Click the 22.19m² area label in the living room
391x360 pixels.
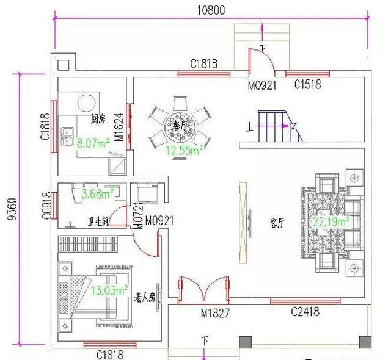pos(331,222)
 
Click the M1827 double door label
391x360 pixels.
pos(214,314)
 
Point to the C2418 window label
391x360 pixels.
pos(305,312)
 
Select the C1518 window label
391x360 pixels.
pos(307,85)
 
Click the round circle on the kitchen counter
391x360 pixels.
pos(87,102)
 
